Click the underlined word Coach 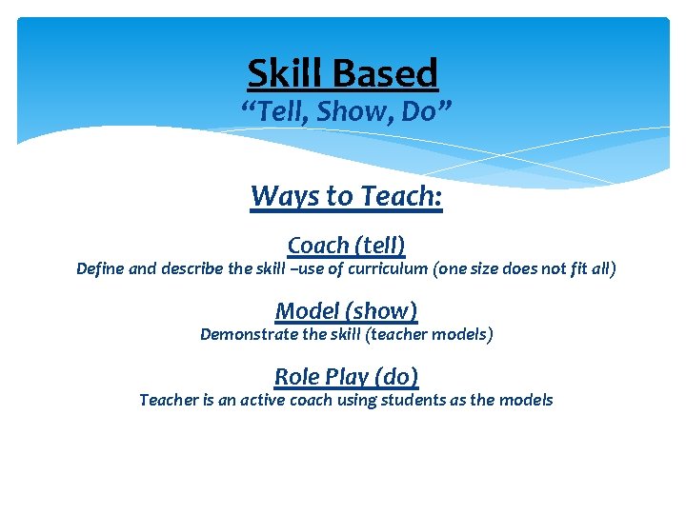(x=317, y=246)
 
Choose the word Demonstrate (x=248, y=334)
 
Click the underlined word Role (x=296, y=377)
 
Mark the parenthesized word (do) (x=394, y=377)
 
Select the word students (x=413, y=400)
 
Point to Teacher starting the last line (x=169, y=400)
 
